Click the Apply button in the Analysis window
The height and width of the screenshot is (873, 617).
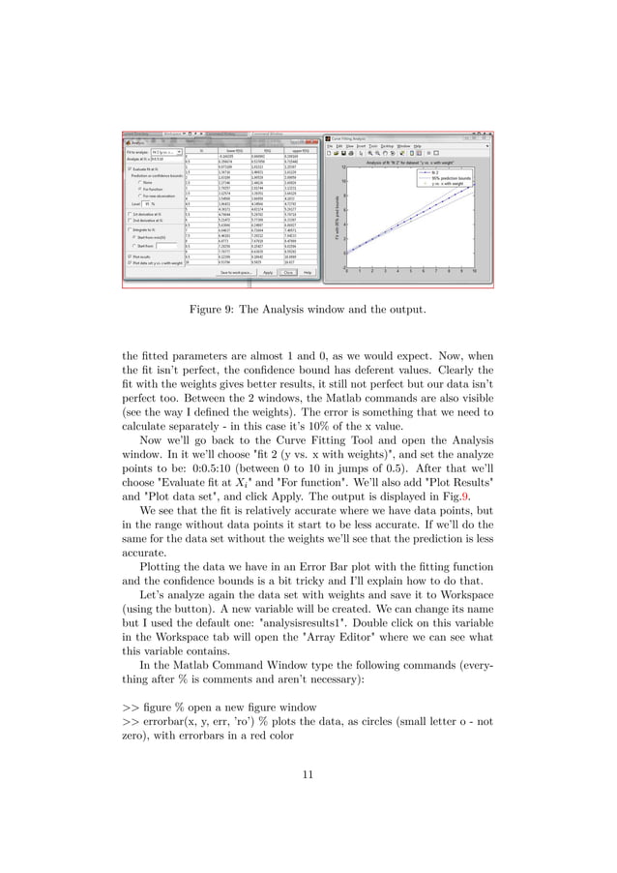265,273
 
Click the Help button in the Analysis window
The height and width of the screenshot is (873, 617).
308,273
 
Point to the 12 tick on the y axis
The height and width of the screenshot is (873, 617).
342,166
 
